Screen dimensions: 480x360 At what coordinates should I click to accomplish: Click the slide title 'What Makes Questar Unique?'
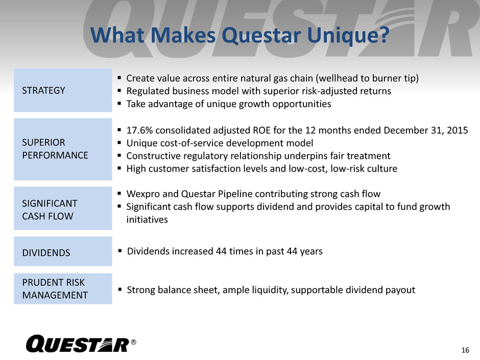(x=239, y=36)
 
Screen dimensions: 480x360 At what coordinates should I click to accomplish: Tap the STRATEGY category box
(x=63, y=90)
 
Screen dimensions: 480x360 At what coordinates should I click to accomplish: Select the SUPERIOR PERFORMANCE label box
(x=63, y=149)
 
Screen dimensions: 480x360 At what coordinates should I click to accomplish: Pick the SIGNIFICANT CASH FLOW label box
(x=63, y=208)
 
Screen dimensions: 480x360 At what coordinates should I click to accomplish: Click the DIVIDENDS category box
(x=63, y=251)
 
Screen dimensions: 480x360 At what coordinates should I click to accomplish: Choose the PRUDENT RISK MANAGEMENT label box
(x=63, y=289)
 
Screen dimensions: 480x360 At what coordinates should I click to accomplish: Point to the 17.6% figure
(x=139, y=130)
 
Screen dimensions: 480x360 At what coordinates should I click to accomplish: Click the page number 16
(x=465, y=350)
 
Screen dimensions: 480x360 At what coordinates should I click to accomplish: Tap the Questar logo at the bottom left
(x=78, y=344)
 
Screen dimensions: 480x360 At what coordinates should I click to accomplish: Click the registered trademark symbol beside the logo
(x=133, y=342)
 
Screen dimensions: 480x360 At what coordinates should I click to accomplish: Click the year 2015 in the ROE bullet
(x=458, y=130)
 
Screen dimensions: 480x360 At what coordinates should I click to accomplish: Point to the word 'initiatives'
(x=147, y=220)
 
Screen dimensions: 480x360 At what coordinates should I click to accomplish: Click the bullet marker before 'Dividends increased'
(x=120, y=251)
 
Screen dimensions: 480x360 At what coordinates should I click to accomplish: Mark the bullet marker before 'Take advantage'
(x=119, y=104)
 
